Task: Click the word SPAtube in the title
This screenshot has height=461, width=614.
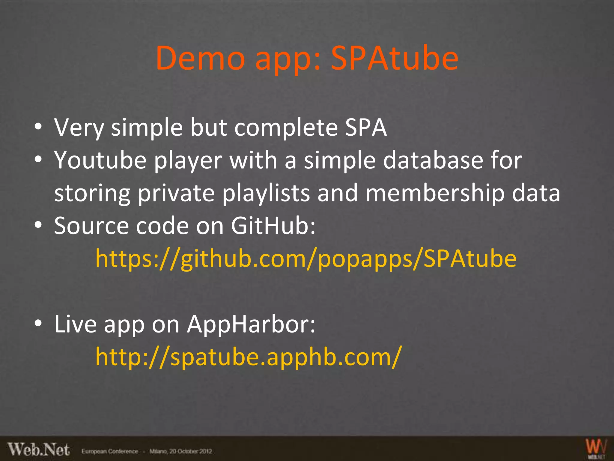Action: (394, 58)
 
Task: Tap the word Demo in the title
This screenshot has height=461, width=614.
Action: (200, 58)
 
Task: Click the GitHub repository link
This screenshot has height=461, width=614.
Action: (306, 259)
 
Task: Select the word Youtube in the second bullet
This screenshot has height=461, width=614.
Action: (100, 161)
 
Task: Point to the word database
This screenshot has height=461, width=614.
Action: (433, 161)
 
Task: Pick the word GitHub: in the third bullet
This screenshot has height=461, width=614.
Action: (273, 226)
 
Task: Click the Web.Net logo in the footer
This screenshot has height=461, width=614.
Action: (39, 450)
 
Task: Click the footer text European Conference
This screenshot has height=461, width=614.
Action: (110, 451)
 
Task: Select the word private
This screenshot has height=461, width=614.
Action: (176, 193)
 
